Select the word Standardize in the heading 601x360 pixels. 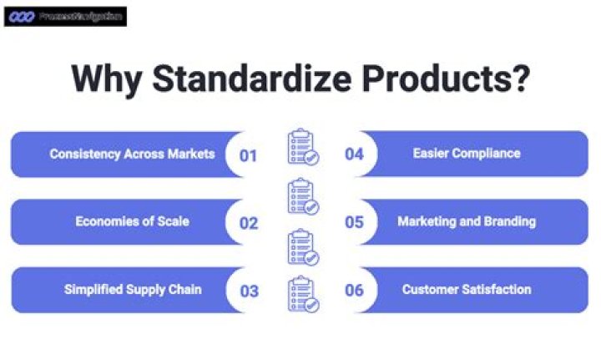pos(243,79)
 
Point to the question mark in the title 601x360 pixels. pos(520,79)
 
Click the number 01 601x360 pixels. pos(248,155)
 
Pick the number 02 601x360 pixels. pos(248,223)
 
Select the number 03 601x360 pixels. pos(248,291)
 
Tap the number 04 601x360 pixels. pos(354,155)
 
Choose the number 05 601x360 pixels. pos(354,223)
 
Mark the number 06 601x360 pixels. pos(354,291)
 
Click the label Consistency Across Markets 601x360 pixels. pos(132,154)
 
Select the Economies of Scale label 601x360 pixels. pos(132,221)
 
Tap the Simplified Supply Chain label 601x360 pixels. pos(133,290)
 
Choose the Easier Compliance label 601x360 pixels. pos(467,154)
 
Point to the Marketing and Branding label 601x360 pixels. pos(467,221)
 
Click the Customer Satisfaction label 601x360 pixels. pos(467,290)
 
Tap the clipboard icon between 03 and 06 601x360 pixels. pos(301,295)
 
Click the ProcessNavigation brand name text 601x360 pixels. pos(79,16)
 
